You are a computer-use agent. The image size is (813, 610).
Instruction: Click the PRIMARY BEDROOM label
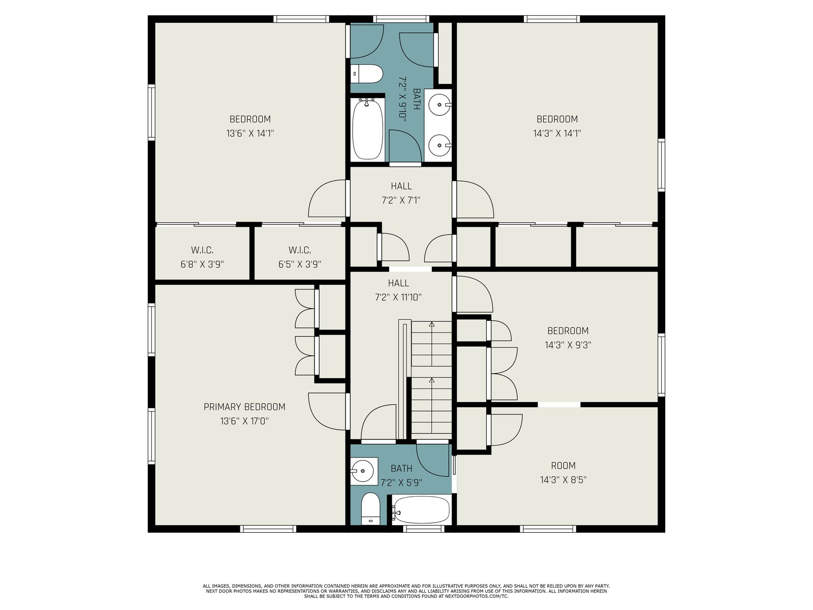pos(244,407)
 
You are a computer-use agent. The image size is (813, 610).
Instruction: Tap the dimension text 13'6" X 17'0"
pos(244,421)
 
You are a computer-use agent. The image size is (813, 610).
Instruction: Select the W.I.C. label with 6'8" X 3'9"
pos(202,250)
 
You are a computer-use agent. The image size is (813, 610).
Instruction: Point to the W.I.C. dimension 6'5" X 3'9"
pos(300,264)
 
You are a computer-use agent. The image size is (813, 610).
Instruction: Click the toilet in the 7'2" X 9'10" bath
pos(366,74)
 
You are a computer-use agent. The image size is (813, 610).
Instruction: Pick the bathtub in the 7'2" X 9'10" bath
pos(368,129)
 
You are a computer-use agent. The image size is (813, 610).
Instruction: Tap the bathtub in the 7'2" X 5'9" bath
pos(421,509)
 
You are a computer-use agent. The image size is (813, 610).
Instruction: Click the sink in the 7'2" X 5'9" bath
pos(363,471)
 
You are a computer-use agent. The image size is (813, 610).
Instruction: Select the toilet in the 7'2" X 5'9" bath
pos(370,508)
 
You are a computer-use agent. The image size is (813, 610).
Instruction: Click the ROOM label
pos(564,466)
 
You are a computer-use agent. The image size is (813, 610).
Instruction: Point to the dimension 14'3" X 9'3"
pos(568,345)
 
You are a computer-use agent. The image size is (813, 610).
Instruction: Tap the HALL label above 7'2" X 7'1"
pos(401,186)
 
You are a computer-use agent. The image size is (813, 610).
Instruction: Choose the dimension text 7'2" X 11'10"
pos(398,297)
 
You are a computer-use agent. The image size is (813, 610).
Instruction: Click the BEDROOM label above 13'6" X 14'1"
pos(250,119)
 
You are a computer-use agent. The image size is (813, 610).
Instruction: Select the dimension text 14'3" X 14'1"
pos(557,133)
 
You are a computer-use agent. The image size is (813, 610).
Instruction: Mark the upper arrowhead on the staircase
pos(431,324)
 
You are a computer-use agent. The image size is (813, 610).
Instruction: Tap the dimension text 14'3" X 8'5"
pos(564,480)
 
